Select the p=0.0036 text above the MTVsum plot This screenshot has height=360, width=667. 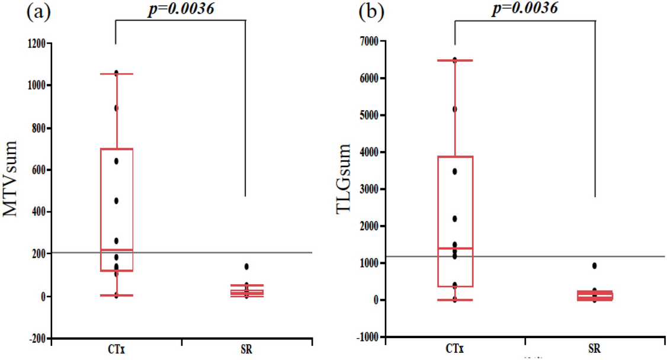pyautogui.click(x=179, y=8)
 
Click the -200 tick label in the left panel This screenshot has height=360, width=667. pyautogui.click(x=37, y=338)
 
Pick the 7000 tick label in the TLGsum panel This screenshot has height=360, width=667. pyautogui.click(x=371, y=41)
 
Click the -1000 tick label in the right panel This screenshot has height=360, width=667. pyautogui.click(x=368, y=337)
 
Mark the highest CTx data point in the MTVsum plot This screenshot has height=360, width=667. pyautogui.click(x=116, y=73)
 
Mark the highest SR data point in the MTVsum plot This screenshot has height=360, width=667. pyautogui.click(x=246, y=266)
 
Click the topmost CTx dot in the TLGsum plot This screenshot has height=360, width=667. pyautogui.click(x=455, y=60)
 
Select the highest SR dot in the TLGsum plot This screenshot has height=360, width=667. pyautogui.click(x=594, y=266)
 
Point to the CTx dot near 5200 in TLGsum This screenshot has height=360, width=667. pyautogui.click(x=455, y=109)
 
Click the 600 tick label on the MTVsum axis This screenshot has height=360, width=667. pyautogui.click(x=39, y=170)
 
